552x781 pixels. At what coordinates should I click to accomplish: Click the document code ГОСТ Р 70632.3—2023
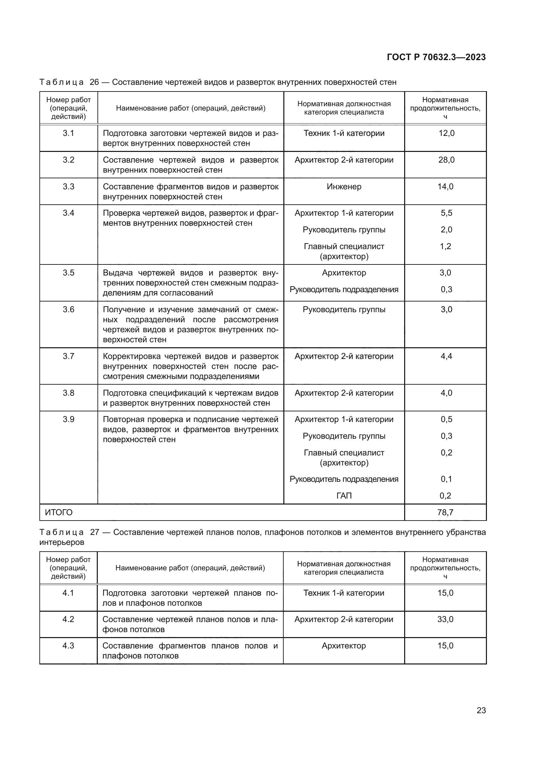point(436,57)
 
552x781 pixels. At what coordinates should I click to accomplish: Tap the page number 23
point(481,710)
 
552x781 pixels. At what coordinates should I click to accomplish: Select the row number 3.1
point(68,133)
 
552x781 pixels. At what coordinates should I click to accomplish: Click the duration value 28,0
point(446,160)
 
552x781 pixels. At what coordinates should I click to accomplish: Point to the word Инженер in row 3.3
point(344,186)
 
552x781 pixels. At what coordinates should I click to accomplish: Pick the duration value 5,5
point(446,213)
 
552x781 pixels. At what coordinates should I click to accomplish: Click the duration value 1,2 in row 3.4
point(445,246)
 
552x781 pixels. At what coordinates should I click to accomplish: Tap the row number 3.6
point(68,310)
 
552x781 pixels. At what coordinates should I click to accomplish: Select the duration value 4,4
point(446,356)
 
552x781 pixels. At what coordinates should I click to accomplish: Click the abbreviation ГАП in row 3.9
point(344,496)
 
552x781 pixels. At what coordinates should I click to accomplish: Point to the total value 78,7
point(445,512)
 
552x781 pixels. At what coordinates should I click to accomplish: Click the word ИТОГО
point(59,512)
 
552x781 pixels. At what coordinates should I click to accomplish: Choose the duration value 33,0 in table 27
point(445,619)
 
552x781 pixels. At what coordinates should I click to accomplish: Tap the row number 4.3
point(68,646)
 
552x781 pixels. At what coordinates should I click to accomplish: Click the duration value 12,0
point(446,133)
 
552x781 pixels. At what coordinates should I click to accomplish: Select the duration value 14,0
point(445,186)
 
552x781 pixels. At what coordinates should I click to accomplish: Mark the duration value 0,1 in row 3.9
point(446,479)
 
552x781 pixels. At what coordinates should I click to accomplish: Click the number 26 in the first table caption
point(94,82)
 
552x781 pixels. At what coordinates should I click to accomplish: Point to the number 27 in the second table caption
point(94,532)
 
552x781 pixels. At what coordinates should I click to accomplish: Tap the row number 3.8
point(68,393)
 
